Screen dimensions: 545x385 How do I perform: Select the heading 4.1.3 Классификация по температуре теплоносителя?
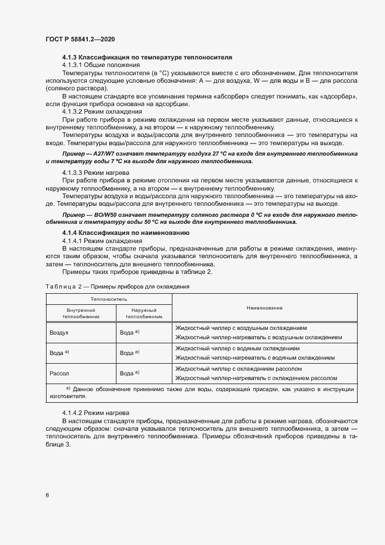tap(147, 58)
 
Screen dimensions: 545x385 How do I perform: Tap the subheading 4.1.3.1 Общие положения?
tap(100, 65)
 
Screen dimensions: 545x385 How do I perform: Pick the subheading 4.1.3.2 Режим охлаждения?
tap(102, 111)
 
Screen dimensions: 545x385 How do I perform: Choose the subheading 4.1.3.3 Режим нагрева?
tap(96, 173)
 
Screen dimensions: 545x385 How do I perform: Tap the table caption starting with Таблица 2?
tap(116, 287)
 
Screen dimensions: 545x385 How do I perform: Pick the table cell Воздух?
tap(59, 332)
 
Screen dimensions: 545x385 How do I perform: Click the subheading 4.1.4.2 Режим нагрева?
tap(97, 413)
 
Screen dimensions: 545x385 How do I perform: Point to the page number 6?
tap(47, 495)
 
